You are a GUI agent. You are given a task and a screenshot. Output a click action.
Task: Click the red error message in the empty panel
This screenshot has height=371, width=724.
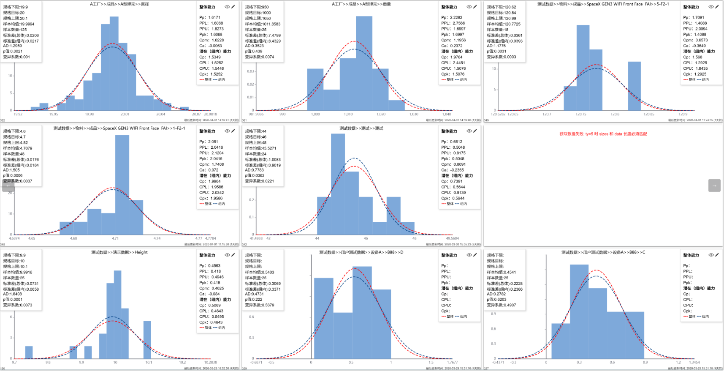click(x=603, y=134)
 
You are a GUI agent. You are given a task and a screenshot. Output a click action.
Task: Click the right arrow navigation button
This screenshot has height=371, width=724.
click(x=714, y=185)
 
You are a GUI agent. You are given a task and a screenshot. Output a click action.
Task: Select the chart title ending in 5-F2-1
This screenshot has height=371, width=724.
click(x=603, y=4)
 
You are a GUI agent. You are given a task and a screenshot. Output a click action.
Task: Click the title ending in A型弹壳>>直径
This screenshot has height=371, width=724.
click(x=119, y=4)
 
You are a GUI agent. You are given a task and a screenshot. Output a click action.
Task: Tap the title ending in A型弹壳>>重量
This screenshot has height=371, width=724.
click(x=361, y=4)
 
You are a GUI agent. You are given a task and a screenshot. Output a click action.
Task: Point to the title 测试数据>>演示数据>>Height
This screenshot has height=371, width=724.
click(x=119, y=252)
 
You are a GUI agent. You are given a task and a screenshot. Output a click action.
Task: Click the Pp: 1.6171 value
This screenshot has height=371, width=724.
click(x=209, y=18)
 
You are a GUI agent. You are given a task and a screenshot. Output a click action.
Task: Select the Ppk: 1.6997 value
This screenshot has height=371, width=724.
click(x=453, y=35)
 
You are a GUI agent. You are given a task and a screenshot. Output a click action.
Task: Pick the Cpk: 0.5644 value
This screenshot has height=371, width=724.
click(x=453, y=198)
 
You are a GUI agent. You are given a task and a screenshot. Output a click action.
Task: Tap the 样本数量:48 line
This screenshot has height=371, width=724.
click(x=14, y=154)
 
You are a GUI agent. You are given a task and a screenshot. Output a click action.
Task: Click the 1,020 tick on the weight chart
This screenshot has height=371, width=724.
click(x=381, y=114)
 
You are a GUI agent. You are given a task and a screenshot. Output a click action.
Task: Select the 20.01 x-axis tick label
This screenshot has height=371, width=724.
click(x=125, y=114)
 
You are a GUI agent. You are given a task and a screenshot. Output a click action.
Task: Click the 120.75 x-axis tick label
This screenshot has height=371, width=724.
click(x=581, y=114)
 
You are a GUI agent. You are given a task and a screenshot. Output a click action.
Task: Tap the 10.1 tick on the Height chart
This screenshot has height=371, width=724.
click(x=149, y=363)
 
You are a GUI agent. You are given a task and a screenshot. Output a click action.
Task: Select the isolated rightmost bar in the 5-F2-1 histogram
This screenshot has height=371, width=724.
click(x=634, y=87)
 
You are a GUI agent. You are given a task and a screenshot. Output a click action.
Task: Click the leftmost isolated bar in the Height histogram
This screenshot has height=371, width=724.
click(x=29, y=352)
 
